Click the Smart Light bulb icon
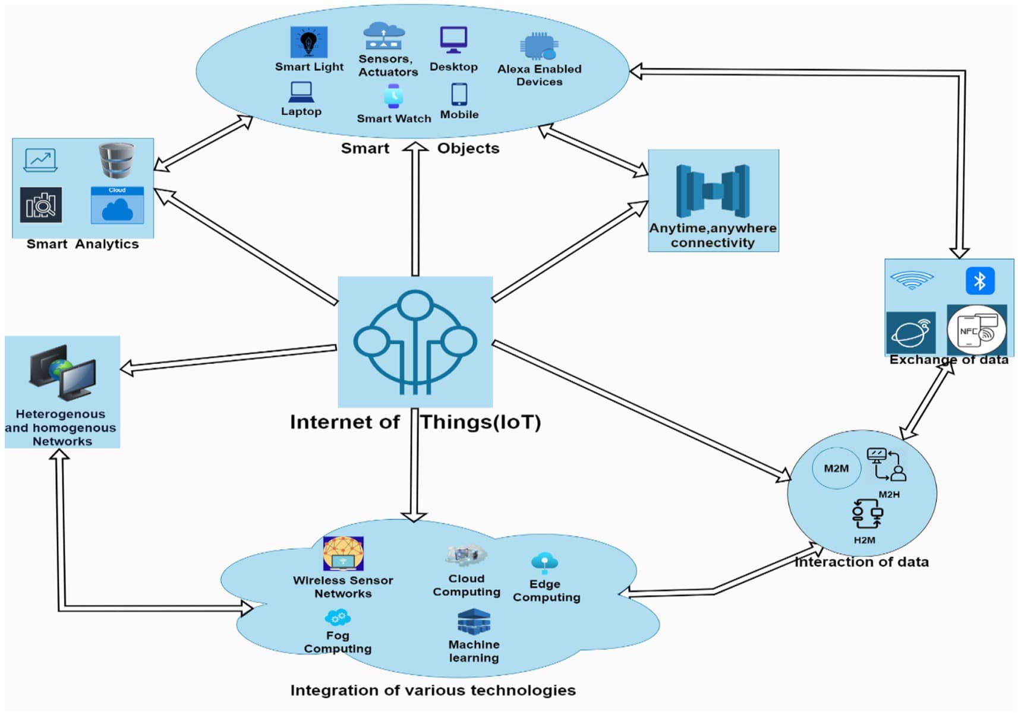[x=308, y=42]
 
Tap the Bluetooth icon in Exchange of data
[x=979, y=280]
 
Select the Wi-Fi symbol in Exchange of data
[x=912, y=279]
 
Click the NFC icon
[x=976, y=331]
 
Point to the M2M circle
[x=836, y=468]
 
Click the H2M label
[x=864, y=540]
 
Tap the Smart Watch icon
[x=393, y=96]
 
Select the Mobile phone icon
[x=459, y=94]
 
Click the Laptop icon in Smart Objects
[x=301, y=92]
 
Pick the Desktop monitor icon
[x=453, y=40]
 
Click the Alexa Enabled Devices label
[x=539, y=75]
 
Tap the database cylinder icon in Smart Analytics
[x=116, y=160]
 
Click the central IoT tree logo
[x=415, y=341]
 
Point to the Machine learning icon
[x=474, y=622]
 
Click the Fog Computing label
[x=338, y=642]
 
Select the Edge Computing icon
[x=544, y=562]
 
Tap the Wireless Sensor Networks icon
[x=343, y=553]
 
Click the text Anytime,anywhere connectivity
[x=713, y=235]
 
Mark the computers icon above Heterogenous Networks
[x=62, y=372]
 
